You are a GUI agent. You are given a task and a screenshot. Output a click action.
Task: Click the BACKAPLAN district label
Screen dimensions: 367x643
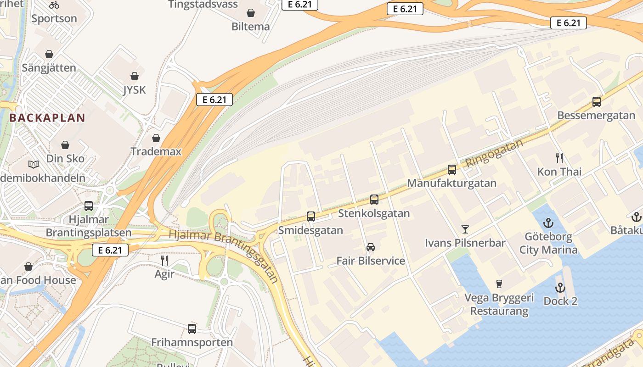[x=47, y=117]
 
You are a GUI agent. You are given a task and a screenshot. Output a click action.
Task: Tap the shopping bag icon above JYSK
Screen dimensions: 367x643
[x=135, y=76]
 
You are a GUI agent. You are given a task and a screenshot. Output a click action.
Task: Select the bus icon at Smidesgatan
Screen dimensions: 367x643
[x=311, y=216]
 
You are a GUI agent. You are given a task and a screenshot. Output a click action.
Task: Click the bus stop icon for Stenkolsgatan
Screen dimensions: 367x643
[x=374, y=200]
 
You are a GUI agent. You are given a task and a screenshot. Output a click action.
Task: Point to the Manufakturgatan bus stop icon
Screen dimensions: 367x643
[x=452, y=170]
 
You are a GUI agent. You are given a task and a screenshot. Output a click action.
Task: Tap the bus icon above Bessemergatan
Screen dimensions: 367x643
[x=597, y=102]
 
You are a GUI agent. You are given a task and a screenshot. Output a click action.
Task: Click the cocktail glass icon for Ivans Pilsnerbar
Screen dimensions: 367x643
[x=465, y=229]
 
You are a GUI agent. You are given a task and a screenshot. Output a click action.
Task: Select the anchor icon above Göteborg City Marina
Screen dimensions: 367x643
[x=548, y=223]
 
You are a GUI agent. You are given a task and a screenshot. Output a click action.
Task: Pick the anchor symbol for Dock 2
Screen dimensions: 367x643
[x=560, y=288]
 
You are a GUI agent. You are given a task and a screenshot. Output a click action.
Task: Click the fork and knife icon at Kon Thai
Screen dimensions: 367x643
[x=559, y=158]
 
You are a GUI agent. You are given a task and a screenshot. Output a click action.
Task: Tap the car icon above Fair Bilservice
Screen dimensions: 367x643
[x=371, y=247]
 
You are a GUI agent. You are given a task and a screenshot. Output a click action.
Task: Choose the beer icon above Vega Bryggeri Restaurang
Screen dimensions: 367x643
[x=499, y=284]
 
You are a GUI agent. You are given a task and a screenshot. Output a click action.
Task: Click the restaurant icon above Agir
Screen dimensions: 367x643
[x=164, y=261]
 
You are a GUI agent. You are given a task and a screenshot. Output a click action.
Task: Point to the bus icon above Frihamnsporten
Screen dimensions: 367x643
[x=192, y=328]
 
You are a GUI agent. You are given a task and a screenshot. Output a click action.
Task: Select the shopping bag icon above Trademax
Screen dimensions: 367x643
[x=156, y=138]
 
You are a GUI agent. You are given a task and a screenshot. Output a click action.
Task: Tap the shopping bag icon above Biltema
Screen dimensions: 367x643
[x=251, y=12]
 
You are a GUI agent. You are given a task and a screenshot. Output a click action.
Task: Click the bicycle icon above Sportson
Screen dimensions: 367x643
[x=54, y=5]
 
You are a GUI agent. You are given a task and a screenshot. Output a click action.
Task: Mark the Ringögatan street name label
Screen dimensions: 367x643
[x=494, y=153]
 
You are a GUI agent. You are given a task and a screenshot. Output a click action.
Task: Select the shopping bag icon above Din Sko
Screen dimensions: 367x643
[x=65, y=145]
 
